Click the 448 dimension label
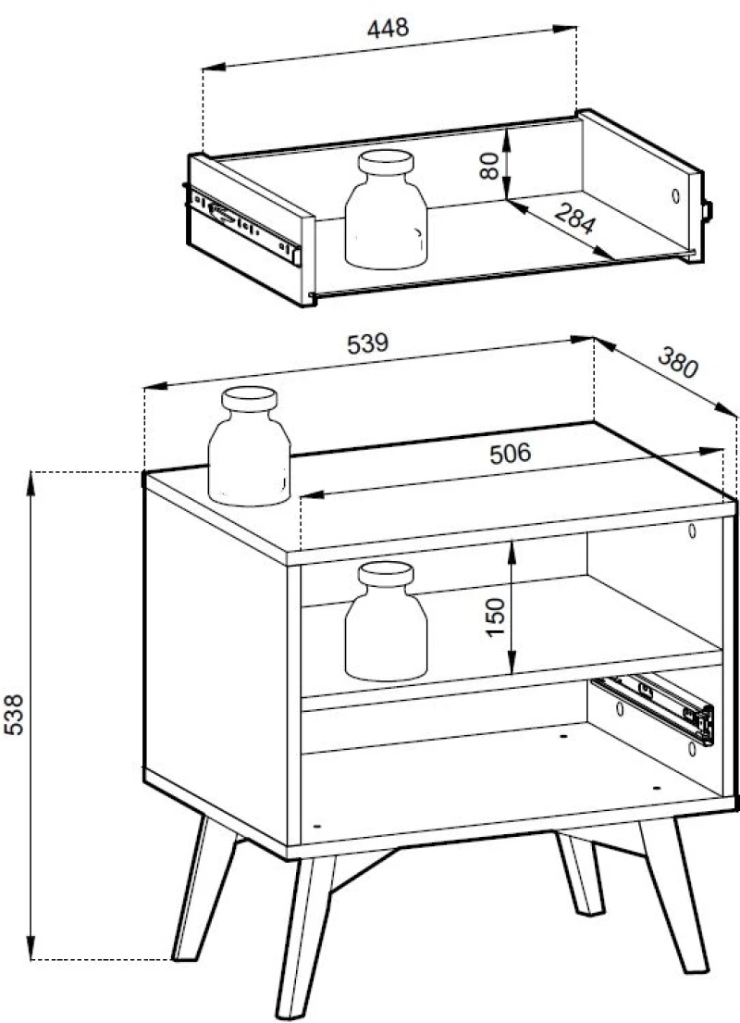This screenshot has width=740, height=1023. click(x=388, y=29)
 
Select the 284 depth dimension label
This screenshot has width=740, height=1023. click(x=574, y=218)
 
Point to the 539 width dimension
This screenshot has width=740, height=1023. click(x=368, y=343)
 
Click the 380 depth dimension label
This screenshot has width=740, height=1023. click(x=678, y=363)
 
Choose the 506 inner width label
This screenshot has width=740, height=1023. click(x=511, y=454)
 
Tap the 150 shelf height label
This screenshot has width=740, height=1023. click(x=496, y=618)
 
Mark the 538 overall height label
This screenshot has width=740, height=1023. click(x=15, y=715)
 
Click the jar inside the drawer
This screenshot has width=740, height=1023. click(x=386, y=209)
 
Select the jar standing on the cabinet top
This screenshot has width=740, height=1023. click(x=249, y=446)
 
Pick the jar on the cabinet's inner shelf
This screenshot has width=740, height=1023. click(x=386, y=621)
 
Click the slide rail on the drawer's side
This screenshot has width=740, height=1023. click(x=245, y=225)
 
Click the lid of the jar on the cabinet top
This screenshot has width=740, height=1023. click(x=249, y=399)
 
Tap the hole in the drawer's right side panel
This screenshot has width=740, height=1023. click(x=675, y=195)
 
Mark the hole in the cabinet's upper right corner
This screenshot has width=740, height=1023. click(x=692, y=530)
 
